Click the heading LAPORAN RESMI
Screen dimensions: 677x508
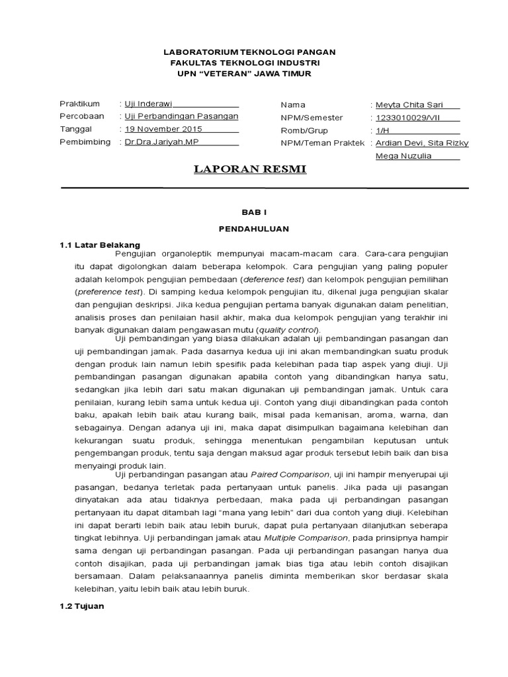pos(249,169)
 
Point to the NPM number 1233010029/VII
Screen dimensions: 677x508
pos(409,117)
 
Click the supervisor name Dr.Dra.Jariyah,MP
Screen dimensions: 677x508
pos(161,142)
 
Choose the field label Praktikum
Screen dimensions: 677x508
pos(79,104)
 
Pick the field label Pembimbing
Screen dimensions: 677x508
pos(85,142)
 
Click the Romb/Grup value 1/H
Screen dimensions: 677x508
pos(384,130)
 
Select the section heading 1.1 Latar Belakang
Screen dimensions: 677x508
pos(100,245)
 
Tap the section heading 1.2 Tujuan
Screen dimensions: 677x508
pos(82,606)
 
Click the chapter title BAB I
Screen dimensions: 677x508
pos(250,212)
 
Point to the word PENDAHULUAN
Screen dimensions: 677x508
pos(250,227)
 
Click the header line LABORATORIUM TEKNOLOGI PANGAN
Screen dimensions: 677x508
pos(249,52)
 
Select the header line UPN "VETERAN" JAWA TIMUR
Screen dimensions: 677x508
pos(249,73)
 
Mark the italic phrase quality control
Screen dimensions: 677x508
pos(288,330)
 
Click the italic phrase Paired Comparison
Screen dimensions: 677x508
pos(289,475)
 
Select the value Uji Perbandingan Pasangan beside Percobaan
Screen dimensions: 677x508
pos(181,116)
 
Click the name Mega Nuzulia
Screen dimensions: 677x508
pos(403,155)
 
